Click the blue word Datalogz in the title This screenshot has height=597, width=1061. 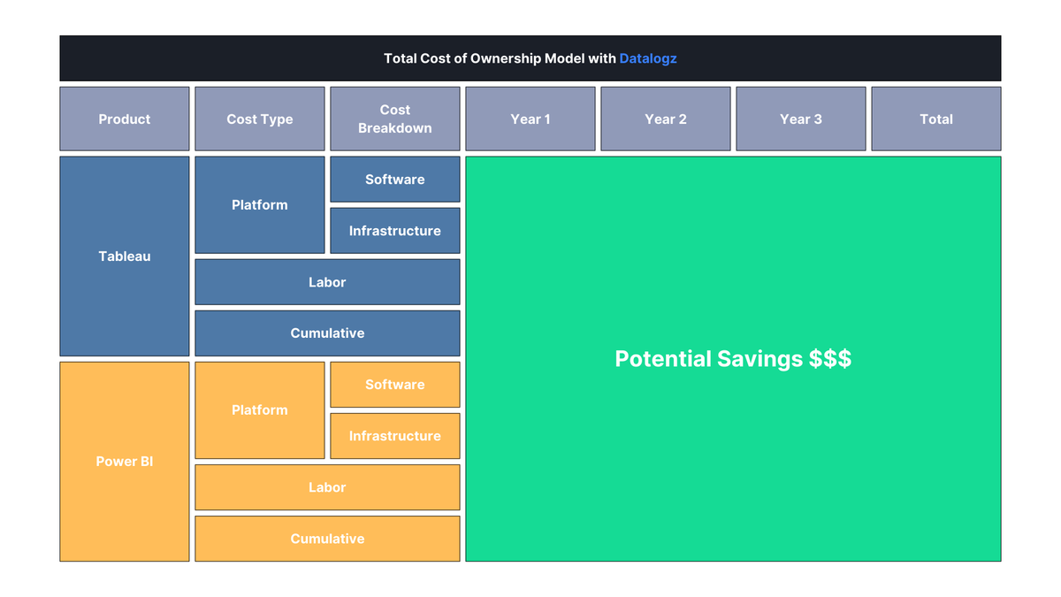(x=648, y=58)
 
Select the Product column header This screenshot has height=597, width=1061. (x=125, y=119)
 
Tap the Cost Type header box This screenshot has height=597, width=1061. (x=260, y=119)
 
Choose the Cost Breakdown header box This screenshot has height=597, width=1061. (x=395, y=119)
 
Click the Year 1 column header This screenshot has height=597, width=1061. (x=530, y=119)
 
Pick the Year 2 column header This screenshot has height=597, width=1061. (x=666, y=119)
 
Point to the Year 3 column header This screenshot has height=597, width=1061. (x=801, y=119)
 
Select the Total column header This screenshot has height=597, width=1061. (x=936, y=119)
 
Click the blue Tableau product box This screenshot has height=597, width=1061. (x=125, y=256)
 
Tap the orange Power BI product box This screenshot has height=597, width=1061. (x=125, y=462)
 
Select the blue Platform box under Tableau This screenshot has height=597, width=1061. (x=260, y=205)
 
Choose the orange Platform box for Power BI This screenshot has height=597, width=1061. (x=260, y=410)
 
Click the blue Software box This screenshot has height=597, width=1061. (x=395, y=180)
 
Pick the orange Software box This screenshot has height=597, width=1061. (x=395, y=385)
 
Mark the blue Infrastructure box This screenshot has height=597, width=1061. (x=395, y=231)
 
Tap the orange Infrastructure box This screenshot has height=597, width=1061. (x=395, y=436)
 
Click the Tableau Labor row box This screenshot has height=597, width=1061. (x=327, y=282)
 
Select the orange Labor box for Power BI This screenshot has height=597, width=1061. (x=327, y=487)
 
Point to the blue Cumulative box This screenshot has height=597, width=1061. (x=327, y=333)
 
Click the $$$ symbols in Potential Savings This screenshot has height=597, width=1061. (x=829, y=359)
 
